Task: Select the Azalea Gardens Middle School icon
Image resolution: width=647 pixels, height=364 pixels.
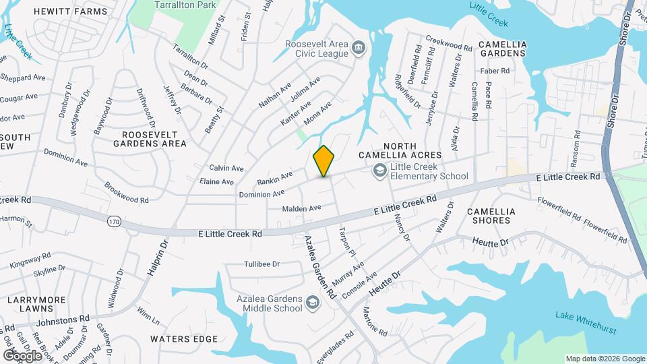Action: (313, 303)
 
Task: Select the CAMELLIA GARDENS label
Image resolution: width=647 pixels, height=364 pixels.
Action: (501, 48)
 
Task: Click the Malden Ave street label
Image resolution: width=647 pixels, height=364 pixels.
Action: (301, 208)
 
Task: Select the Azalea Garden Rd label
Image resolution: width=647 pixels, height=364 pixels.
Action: (319, 267)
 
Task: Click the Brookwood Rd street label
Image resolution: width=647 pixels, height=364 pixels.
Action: (126, 192)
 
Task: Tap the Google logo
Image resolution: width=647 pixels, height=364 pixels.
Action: (23, 355)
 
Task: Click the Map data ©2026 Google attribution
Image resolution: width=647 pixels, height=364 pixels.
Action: (605, 359)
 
